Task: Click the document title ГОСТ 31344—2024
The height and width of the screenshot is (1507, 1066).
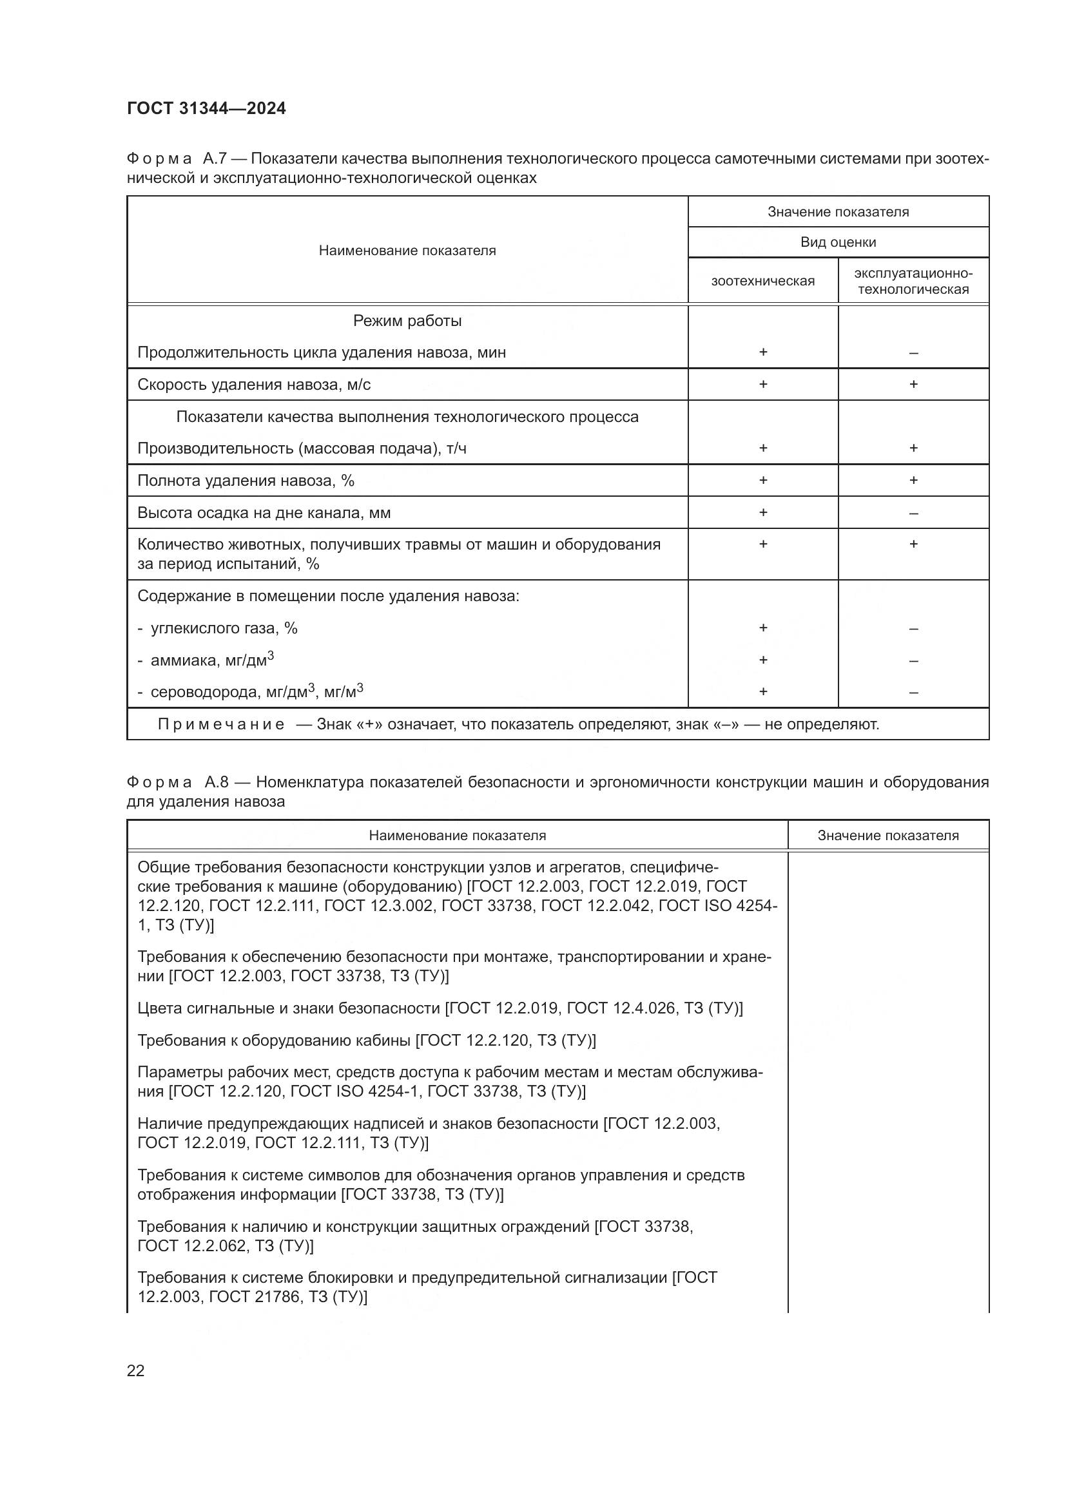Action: (206, 108)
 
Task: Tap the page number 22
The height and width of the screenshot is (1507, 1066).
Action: (136, 1370)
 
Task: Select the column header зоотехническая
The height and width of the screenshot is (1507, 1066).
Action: (762, 281)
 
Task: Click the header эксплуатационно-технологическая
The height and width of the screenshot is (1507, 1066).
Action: (913, 281)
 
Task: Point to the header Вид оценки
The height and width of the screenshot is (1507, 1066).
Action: (838, 242)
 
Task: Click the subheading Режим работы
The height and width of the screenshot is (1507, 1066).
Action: (407, 321)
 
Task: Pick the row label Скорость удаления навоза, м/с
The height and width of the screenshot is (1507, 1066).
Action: (254, 385)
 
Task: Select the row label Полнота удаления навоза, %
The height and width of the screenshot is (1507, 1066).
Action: (246, 481)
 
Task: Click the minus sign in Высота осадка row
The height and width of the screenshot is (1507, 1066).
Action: (913, 514)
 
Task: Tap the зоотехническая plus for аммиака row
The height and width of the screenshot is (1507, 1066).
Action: (762, 660)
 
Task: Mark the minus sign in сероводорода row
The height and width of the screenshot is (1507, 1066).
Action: (913, 693)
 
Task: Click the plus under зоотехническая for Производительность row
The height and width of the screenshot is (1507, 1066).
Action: (762, 448)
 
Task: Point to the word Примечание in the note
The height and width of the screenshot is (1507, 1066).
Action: (221, 725)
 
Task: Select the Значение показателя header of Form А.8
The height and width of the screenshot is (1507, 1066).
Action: (888, 836)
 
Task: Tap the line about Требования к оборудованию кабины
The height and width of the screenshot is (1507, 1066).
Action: (366, 1041)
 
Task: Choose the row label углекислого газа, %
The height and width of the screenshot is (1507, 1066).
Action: (224, 628)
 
